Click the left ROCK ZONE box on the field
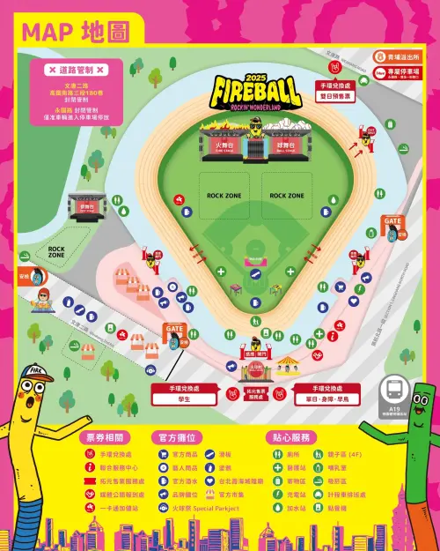click(224, 195)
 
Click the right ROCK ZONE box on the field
click(287, 195)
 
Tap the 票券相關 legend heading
click(110, 436)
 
